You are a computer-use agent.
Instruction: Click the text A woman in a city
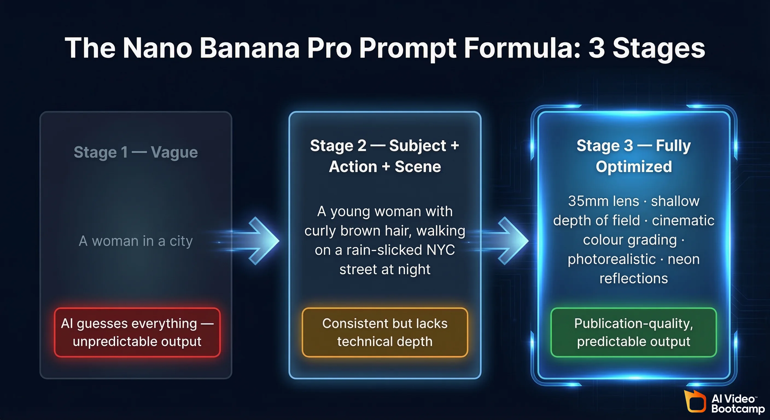click(x=136, y=241)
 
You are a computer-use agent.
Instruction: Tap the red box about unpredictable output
click(x=137, y=332)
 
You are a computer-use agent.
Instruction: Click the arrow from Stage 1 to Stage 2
click(x=257, y=241)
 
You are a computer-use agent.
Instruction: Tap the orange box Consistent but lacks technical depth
click(x=385, y=332)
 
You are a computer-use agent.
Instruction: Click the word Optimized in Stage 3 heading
click(x=634, y=167)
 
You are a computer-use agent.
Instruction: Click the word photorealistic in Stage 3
click(x=612, y=259)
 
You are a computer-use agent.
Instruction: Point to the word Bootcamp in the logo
click(x=738, y=409)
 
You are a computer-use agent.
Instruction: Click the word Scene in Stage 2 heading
click(x=418, y=167)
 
